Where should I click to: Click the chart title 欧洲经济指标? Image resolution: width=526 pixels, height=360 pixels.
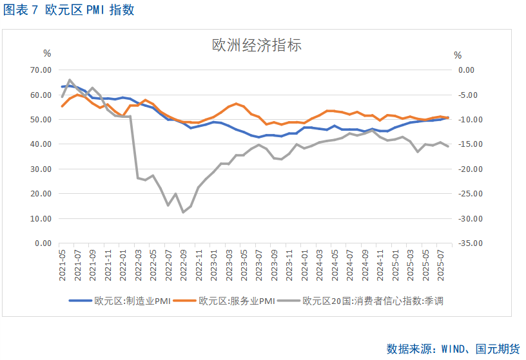tap(257, 46)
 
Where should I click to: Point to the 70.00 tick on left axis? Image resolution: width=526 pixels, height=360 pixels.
tap(41, 70)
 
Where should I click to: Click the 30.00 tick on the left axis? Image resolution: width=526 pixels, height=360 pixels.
tap(41, 169)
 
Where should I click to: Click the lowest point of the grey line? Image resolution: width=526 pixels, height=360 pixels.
tap(183, 212)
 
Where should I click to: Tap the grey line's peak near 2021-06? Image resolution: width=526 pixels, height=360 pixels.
tap(70, 81)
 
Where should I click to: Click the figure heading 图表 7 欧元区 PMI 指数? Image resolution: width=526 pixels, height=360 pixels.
tap(69, 11)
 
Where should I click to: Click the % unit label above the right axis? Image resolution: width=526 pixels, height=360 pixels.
tap(458, 55)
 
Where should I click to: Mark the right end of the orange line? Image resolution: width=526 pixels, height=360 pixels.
tap(448, 118)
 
